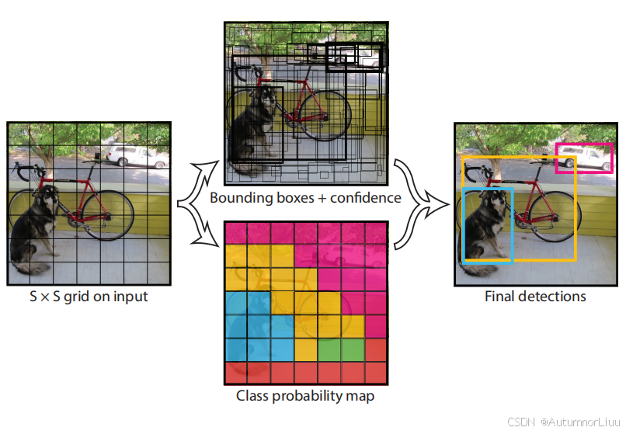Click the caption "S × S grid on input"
[x=87, y=296]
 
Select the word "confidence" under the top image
[x=365, y=198]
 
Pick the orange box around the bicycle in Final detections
[x=574, y=210]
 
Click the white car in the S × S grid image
[x=136, y=155]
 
